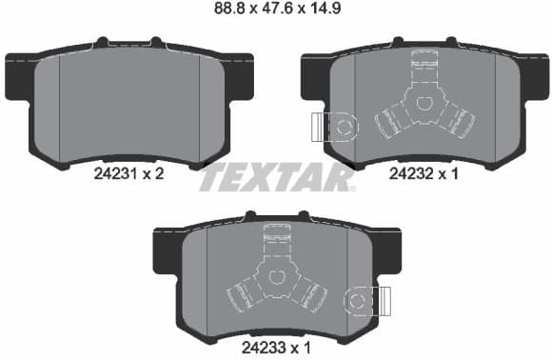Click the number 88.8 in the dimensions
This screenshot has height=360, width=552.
(x=221, y=12)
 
